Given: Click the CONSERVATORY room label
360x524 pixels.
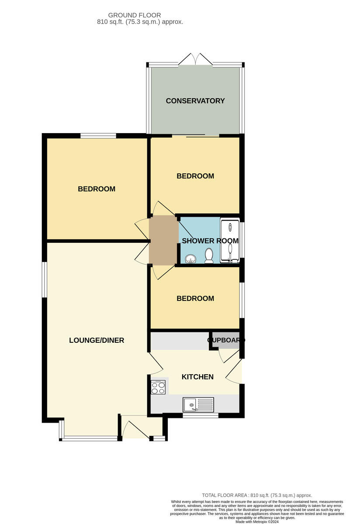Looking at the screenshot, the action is pyautogui.click(x=195, y=101).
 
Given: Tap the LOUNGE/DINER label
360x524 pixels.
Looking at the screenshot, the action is pyautogui.click(x=97, y=340).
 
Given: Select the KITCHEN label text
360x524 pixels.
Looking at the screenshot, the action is pyautogui.click(x=197, y=377).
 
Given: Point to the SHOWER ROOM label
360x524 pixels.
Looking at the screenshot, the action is pyautogui.click(x=210, y=241).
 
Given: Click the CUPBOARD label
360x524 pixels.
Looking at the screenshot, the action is pyautogui.click(x=226, y=340).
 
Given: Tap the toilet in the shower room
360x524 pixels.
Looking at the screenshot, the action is pyautogui.click(x=209, y=255).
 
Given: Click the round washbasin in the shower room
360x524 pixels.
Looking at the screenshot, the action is pyautogui.click(x=190, y=259).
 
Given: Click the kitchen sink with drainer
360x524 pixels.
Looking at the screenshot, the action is pyautogui.click(x=198, y=405).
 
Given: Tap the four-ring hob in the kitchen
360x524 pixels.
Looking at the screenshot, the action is pyautogui.click(x=158, y=387).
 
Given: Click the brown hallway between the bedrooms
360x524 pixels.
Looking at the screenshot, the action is pyautogui.click(x=163, y=241).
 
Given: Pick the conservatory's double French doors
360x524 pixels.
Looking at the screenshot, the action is pyautogui.click(x=195, y=59).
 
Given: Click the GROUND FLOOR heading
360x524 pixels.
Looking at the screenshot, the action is pyautogui.click(x=135, y=15).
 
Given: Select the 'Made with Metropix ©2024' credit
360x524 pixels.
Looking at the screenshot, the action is pyautogui.click(x=257, y=522).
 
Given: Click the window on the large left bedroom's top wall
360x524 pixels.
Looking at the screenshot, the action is pyautogui.click(x=98, y=136).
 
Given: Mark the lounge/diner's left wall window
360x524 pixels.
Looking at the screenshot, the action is pyautogui.click(x=45, y=279).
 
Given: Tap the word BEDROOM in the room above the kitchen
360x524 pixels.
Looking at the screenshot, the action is pyautogui.click(x=195, y=299).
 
